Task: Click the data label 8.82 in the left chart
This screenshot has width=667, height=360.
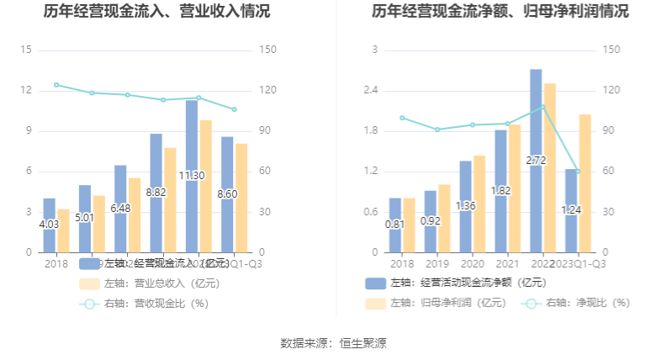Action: pyautogui.click(x=156, y=192)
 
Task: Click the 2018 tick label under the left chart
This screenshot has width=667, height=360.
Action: pyautogui.click(x=56, y=263)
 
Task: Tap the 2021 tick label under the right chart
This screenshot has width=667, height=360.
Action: pyautogui.click(x=507, y=263)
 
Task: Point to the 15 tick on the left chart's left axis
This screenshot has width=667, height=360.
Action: pyautogui.click(x=25, y=50)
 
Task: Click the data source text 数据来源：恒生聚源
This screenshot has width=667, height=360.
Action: pyautogui.click(x=333, y=343)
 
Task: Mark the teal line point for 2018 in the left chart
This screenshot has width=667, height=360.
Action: pyautogui.click(x=56, y=85)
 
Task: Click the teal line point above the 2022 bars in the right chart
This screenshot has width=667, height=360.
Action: pyautogui.click(x=543, y=107)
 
